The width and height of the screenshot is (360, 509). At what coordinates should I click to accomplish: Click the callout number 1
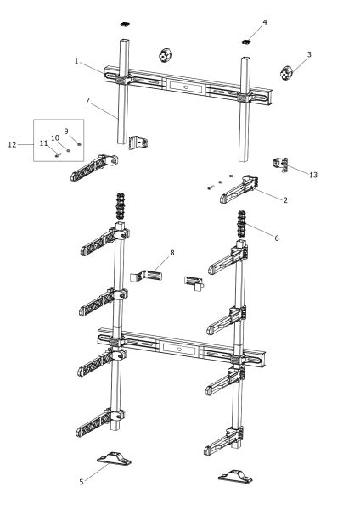76,61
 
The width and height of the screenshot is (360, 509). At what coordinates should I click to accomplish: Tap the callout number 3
309,54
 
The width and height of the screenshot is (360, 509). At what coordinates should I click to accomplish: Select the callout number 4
265,22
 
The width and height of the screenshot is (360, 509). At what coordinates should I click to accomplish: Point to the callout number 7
87,101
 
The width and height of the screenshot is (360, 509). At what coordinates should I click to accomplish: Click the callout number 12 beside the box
12,144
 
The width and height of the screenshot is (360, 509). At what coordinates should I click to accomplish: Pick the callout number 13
313,175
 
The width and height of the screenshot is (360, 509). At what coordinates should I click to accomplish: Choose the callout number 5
82,482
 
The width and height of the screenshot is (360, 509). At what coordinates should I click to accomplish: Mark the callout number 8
172,252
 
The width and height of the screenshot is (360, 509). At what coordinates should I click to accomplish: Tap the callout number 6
277,238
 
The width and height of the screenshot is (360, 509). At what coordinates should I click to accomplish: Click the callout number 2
285,200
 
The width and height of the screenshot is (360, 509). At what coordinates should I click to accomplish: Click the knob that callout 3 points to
286,73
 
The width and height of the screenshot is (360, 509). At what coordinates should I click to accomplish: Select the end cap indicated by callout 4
247,42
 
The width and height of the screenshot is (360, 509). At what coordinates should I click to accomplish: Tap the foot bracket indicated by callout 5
114,458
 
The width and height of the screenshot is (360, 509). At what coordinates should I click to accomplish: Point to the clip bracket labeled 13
280,165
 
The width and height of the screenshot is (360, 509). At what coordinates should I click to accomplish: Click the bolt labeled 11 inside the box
58,155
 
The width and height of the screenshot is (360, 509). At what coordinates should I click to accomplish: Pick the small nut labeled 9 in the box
79,144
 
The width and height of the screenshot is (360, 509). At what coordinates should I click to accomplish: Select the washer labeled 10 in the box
68,150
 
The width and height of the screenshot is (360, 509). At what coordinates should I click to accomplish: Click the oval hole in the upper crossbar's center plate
186,87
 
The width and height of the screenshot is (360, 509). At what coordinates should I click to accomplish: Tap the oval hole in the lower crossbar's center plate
178,350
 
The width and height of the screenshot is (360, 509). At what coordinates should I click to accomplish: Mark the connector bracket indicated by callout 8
146,276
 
